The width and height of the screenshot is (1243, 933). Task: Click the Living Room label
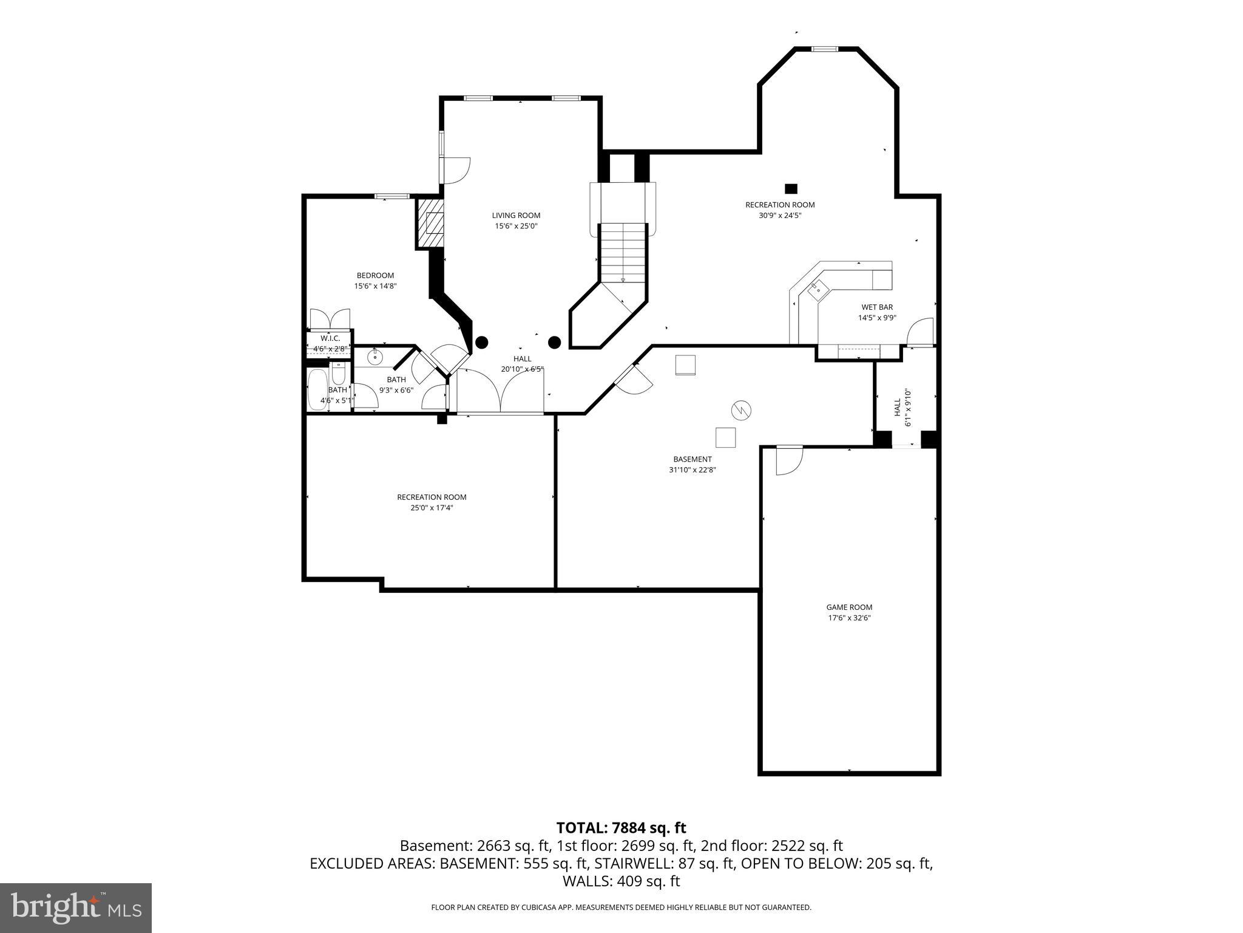pyautogui.click(x=516, y=215)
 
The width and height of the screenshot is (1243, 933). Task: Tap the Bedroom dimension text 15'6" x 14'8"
pyautogui.click(x=375, y=286)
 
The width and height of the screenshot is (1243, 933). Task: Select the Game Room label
pyautogui.click(x=848, y=607)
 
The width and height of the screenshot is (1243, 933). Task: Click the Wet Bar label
pyautogui.click(x=876, y=307)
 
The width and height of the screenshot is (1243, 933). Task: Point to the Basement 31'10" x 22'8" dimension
pyautogui.click(x=692, y=470)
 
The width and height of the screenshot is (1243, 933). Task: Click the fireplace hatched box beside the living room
pyautogui.click(x=430, y=224)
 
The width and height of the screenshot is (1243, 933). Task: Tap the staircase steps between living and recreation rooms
pyautogui.click(x=623, y=253)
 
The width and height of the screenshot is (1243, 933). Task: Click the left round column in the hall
pyautogui.click(x=481, y=343)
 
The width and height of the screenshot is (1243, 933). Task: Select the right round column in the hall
pyautogui.click(x=554, y=343)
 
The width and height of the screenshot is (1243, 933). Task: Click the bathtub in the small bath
pyautogui.click(x=316, y=388)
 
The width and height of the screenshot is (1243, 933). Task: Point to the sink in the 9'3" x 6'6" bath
pyautogui.click(x=375, y=357)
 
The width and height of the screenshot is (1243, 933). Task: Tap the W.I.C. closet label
pyautogui.click(x=330, y=338)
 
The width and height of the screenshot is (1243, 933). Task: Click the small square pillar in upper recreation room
pyautogui.click(x=790, y=188)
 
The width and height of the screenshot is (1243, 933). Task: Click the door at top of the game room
pyautogui.click(x=789, y=460)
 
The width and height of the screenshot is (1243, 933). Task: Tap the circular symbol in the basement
pyautogui.click(x=740, y=411)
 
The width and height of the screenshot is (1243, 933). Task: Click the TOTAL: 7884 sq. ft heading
pyautogui.click(x=621, y=828)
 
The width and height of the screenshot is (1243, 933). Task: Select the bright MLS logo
pyautogui.click(x=76, y=908)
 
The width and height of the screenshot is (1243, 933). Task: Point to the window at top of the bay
pyautogui.click(x=825, y=49)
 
